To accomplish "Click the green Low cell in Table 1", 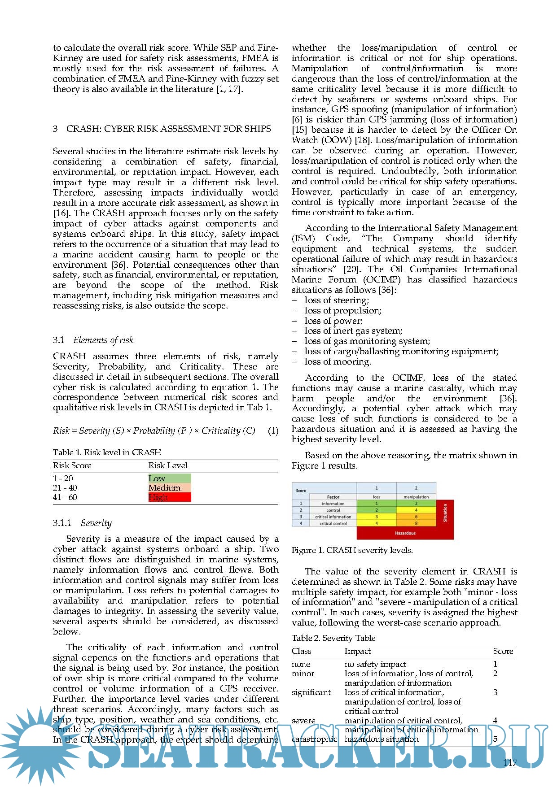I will (x=169, y=478).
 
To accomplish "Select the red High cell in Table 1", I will (x=169, y=497).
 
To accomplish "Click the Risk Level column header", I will (x=168, y=465).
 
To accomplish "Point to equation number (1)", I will (x=273, y=430).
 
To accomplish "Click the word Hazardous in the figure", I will (x=405, y=533).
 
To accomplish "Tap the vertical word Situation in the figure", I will (x=445, y=513).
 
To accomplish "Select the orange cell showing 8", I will (x=416, y=523).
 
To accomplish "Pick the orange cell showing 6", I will (x=416, y=517).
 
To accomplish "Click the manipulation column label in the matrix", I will (x=416, y=497).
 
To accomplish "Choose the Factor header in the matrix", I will (x=333, y=497).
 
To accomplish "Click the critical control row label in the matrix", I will (x=333, y=523).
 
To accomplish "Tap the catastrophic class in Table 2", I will (x=314, y=739).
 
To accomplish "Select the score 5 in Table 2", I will (x=495, y=739).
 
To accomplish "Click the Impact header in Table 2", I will (x=357, y=651).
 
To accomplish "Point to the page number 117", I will (x=510, y=763).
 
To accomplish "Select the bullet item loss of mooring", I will (x=338, y=361).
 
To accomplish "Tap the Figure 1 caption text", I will (x=352, y=550).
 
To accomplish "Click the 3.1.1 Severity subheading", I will (x=82, y=523).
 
